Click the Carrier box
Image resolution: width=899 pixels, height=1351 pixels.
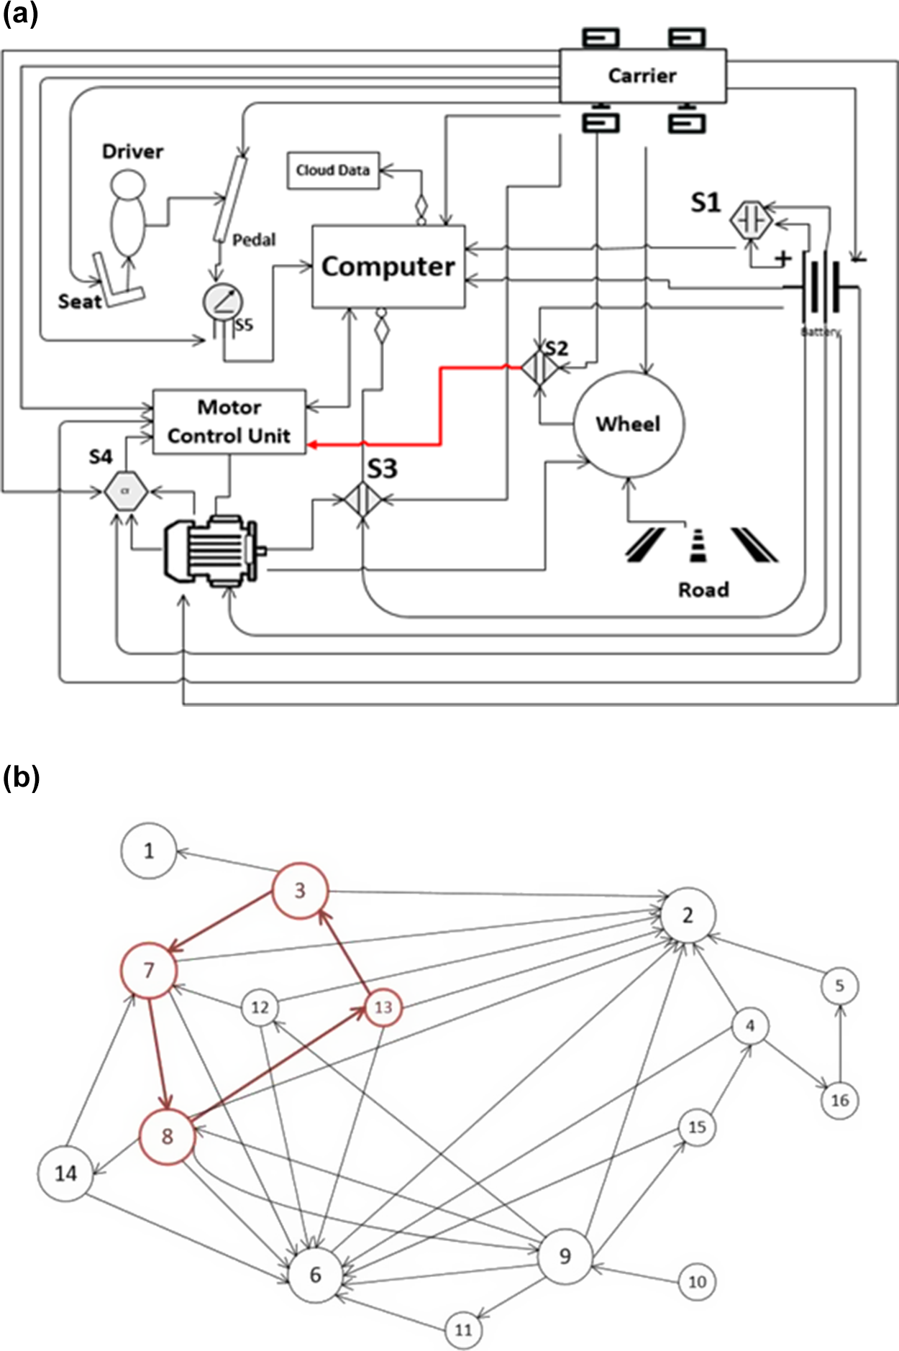pos(642,75)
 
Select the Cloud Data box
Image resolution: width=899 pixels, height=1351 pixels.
pos(333,170)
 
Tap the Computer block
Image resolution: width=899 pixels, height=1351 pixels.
pos(388,267)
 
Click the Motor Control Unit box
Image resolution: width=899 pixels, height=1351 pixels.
pos(229,422)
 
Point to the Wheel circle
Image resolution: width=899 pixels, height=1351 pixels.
pos(629,423)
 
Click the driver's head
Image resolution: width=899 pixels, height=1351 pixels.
pos(127,183)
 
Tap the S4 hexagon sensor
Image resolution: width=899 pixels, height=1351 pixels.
pos(126,492)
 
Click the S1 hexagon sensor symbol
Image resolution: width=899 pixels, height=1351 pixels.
pos(751,220)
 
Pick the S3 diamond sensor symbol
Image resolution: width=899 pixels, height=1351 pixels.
pos(362,499)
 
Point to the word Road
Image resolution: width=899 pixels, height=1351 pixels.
pos(703,590)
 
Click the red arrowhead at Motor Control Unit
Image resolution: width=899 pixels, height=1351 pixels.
pos(313,446)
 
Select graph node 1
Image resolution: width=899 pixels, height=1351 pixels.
pos(148,851)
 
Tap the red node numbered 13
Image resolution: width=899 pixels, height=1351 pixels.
pos(383,1007)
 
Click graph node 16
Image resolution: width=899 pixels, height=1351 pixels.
pos(839,1100)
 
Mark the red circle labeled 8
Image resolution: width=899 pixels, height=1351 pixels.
pos(167,1136)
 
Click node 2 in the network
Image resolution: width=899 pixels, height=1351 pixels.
pos(688,915)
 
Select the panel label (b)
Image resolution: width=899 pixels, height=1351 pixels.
pos(21,777)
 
